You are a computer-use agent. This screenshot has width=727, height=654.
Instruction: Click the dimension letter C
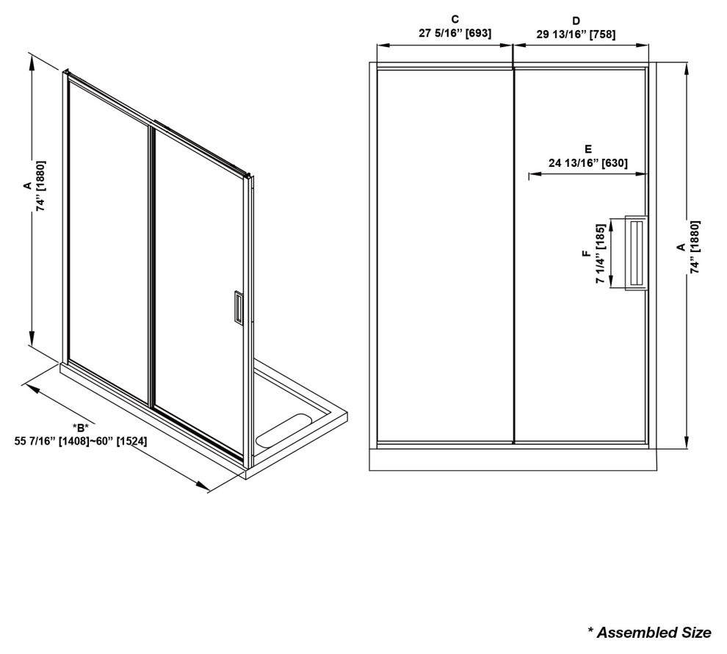tap(455, 19)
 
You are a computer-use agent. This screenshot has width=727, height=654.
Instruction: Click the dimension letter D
tap(576, 21)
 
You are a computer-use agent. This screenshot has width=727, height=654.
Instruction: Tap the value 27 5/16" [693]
tap(455, 33)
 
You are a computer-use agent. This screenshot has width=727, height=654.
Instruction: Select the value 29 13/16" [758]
tap(576, 35)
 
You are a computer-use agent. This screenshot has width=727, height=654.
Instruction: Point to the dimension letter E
tap(588, 149)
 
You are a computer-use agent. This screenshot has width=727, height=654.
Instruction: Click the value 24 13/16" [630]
tap(588, 163)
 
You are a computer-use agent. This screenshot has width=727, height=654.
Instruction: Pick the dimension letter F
tap(587, 254)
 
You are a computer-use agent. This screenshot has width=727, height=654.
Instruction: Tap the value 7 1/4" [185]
tap(601, 254)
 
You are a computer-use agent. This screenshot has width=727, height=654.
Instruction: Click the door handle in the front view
tap(636, 253)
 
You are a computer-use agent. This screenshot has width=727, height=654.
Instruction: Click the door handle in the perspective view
tap(238, 306)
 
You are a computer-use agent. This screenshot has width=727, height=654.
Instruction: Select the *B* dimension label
tap(80, 427)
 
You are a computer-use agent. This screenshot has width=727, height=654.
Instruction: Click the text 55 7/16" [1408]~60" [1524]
tap(81, 441)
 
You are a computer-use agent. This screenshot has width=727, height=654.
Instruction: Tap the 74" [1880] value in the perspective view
tap(41, 186)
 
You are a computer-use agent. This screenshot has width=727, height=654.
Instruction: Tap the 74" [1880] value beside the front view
tap(695, 247)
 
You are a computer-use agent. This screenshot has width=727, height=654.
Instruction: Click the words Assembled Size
tap(654, 632)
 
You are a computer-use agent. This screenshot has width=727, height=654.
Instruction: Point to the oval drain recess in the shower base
tap(283, 431)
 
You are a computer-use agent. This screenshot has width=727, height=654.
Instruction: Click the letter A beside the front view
tap(681, 247)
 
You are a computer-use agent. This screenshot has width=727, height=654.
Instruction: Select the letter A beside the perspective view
tap(27, 186)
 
